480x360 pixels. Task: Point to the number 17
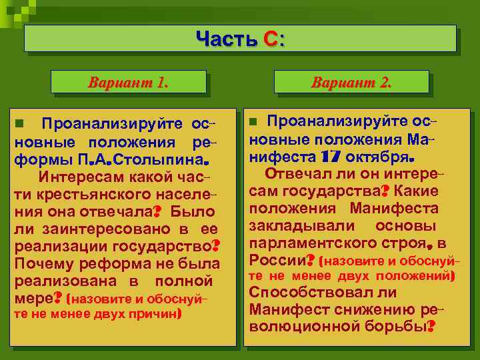point(331,158)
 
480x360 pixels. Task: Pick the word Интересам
point(76,178)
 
